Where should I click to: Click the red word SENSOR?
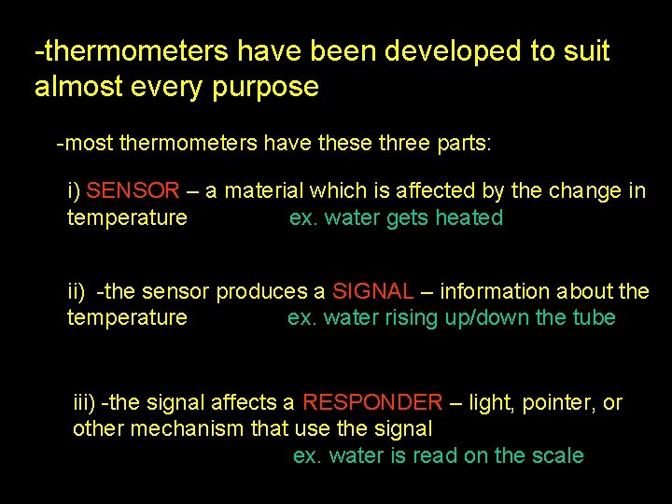tap(133, 191)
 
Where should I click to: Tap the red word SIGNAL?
tap(372, 291)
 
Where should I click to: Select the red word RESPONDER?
tap(372, 403)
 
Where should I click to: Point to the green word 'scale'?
tap(558, 456)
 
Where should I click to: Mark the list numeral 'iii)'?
tap(85, 403)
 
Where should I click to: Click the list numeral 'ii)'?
tap(77, 291)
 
